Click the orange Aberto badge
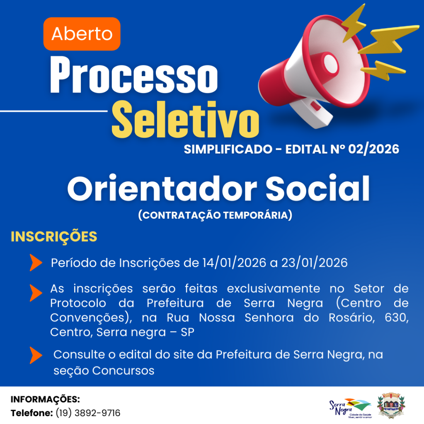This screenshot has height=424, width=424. pos(82,34)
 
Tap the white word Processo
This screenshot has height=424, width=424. pos(133,75)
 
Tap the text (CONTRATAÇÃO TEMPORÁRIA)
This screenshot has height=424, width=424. pos(215,215)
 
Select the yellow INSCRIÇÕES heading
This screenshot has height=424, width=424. pos(54,237)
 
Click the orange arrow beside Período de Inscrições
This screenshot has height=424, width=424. pos(36,263)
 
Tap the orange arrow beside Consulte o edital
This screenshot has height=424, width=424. pos(36,355)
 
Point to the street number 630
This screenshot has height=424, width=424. pos(396,318)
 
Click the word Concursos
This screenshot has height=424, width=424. pos(123,370)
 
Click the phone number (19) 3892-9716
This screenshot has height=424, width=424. pos(88,413)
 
